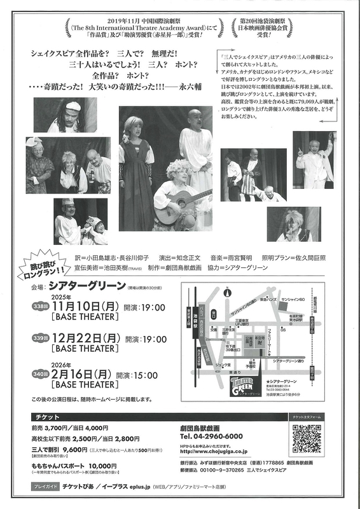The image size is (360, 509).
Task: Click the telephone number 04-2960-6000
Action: [211, 436]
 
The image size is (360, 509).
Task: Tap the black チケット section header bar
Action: [95, 415]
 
